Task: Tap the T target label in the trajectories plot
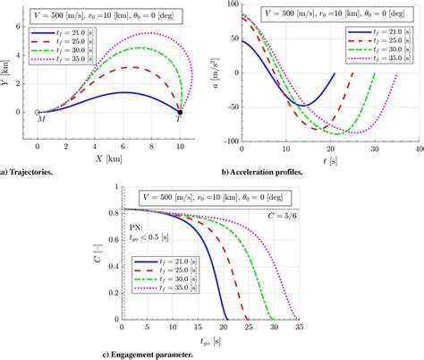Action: (x=178, y=119)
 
